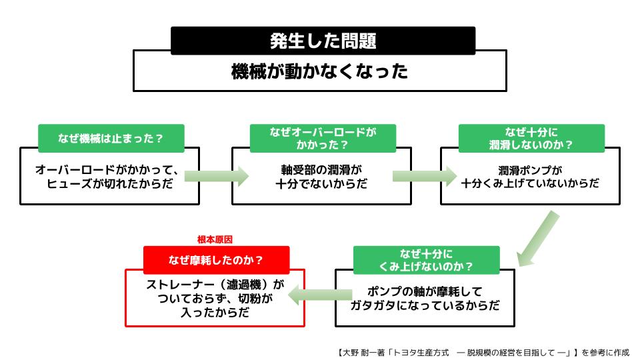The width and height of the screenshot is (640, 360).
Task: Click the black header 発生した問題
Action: click(x=323, y=41)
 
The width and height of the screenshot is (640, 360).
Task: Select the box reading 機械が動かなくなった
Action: click(x=319, y=71)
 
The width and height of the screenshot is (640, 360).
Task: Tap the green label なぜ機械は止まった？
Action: click(x=111, y=139)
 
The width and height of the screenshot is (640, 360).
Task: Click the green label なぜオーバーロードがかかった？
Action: click(x=323, y=138)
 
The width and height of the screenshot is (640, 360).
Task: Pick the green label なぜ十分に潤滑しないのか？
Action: click(x=531, y=138)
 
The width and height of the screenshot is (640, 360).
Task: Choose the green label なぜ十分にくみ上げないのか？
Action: click(x=426, y=260)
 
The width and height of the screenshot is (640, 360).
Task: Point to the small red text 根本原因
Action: click(x=215, y=239)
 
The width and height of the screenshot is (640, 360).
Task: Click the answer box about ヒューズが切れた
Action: click(x=110, y=177)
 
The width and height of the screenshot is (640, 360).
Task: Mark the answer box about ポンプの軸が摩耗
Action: click(x=425, y=298)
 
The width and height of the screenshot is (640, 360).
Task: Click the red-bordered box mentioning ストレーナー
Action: click(x=215, y=298)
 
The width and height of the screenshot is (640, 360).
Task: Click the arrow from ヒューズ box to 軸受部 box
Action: click(x=216, y=176)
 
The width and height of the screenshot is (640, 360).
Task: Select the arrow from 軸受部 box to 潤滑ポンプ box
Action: click(x=425, y=176)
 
